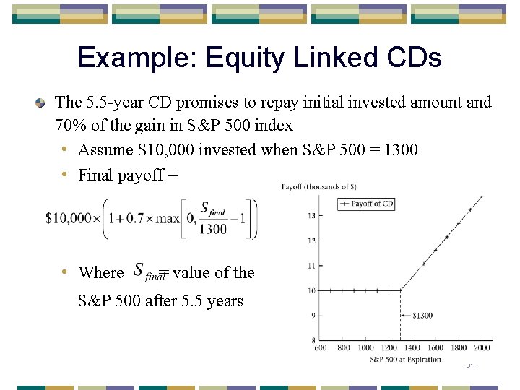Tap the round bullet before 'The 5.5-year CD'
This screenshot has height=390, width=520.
click(42, 103)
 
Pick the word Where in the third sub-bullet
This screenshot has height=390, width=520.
click(100, 272)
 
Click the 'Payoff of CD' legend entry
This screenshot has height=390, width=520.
click(366, 204)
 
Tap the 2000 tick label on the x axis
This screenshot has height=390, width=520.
click(482, 348)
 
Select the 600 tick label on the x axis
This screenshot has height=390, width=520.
click(320, 348)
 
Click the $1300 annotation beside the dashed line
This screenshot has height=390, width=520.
click(423, 316)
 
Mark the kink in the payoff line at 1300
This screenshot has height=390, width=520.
click(401, 290)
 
